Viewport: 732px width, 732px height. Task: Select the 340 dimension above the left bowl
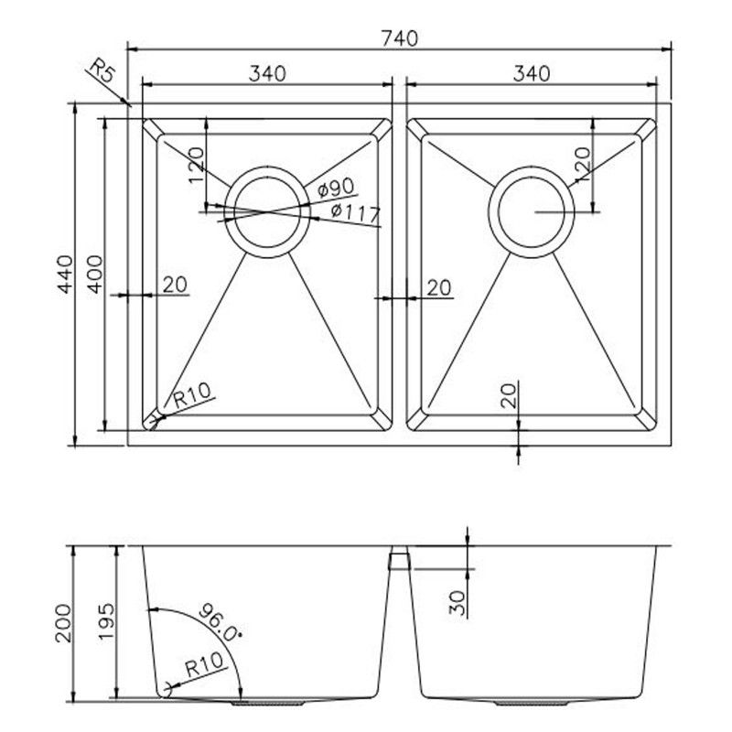pos(267,74)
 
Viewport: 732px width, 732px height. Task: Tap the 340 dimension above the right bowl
pos(531,74)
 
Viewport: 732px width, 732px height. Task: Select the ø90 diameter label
pos(337,188)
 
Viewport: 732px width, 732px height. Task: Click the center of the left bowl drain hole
pos(266,211)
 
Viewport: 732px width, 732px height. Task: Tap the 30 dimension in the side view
pos(459,601)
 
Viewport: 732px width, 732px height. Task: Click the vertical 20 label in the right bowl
pos(510,394)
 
